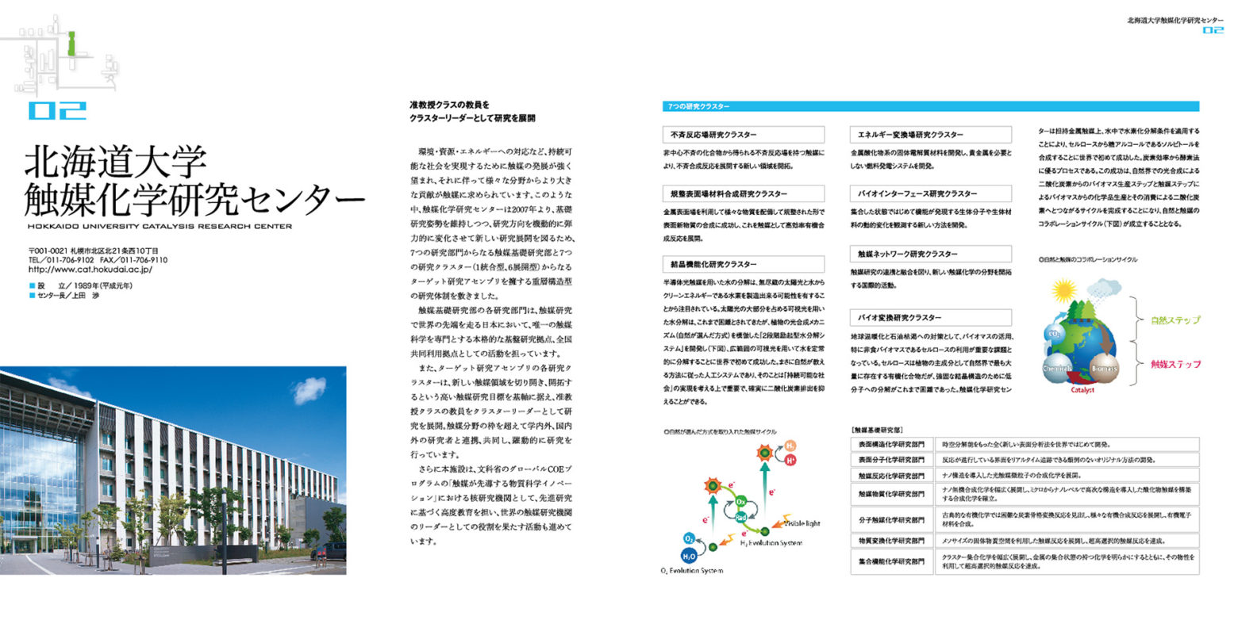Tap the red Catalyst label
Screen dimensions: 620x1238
click(1082, 390)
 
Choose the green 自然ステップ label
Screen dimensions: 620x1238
click(1175, 320)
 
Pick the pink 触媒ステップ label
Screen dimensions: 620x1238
click(1175, 364)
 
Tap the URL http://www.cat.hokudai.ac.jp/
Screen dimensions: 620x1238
click(90, 270)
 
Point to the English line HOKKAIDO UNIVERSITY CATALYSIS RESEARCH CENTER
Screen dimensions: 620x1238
click(159, 226)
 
